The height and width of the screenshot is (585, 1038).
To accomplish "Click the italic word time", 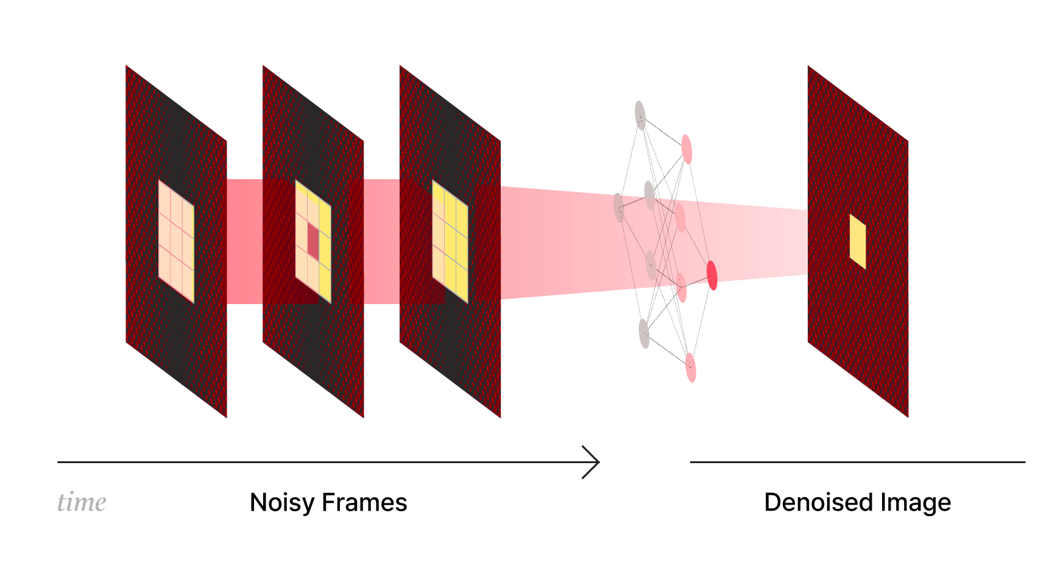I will pos(82,503).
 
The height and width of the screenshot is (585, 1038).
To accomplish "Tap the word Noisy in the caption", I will pos(283,503).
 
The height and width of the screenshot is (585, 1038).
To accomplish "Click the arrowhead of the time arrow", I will pos(594,462).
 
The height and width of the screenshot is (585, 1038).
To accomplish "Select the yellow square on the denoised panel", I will pos(858,241).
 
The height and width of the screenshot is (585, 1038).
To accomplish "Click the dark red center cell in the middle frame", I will pos(313,241).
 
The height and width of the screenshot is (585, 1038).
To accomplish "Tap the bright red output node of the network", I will pos(711,275).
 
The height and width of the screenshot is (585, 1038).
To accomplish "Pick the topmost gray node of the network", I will pos(640,115).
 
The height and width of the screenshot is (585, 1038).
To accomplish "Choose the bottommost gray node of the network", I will pos(644,333).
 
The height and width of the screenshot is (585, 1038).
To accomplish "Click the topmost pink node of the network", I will pos(687,149).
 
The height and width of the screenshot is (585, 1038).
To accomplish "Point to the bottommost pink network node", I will pos(691,367).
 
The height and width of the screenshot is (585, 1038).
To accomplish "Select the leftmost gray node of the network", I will pos(619,207).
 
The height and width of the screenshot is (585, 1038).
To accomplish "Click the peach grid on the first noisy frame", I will pos(176,241).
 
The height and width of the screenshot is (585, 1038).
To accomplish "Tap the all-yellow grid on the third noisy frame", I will pos(450,241).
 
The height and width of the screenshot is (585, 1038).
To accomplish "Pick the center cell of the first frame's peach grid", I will pos(176,241).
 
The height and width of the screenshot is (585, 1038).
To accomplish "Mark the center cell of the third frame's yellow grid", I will pos(450,241).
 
